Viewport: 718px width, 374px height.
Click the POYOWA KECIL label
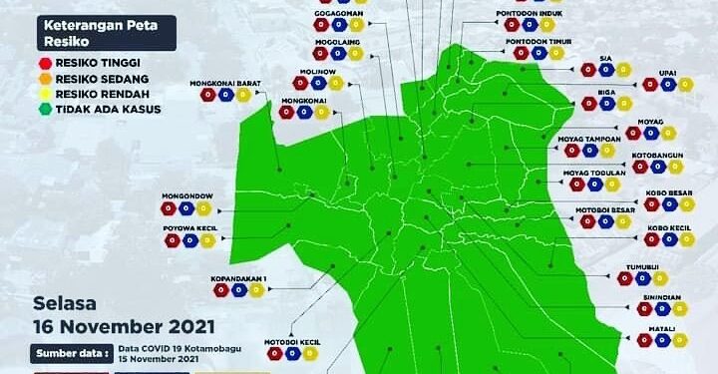coord(190,228)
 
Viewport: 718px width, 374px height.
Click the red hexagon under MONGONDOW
coord(169,209)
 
